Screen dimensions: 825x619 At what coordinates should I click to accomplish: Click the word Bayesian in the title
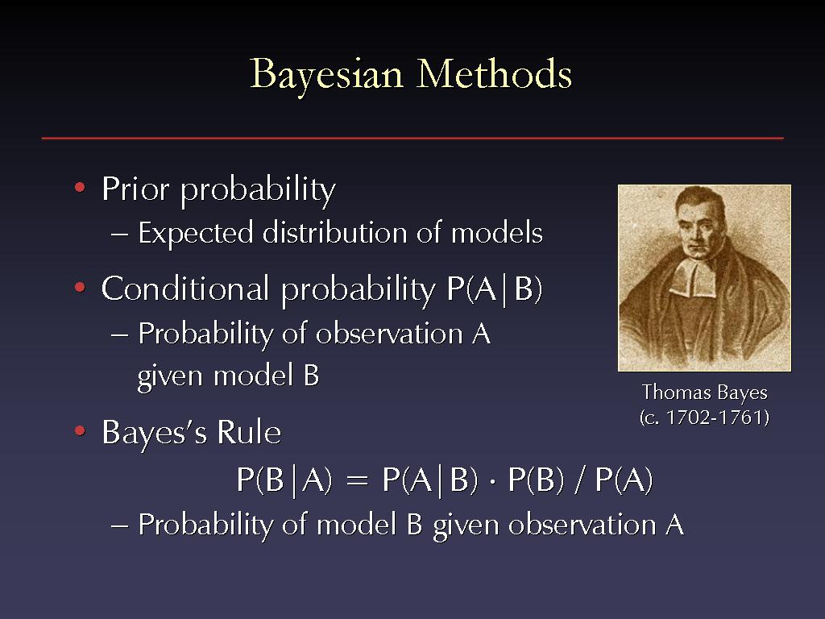(326, 76)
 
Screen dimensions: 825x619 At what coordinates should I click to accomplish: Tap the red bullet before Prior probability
(80, 187)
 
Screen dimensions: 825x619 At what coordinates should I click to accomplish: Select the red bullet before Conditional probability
(80, 288)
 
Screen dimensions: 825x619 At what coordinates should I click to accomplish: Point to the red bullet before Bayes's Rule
(80, 431)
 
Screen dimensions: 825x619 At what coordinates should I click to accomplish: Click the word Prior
(135, 189)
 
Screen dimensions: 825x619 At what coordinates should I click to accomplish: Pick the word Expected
(195, 233)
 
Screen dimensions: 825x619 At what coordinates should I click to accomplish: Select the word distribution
(335, 232)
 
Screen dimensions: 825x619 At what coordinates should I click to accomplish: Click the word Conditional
(185, 289)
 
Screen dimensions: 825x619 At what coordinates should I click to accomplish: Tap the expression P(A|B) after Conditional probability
(494, 289)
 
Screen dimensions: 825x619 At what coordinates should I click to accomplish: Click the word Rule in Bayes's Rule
(249, 432)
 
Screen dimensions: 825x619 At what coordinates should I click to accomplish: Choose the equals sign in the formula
(357, 481)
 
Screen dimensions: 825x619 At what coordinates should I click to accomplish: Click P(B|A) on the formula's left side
(284, 480)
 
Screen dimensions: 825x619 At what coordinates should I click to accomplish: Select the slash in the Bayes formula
(579, 480)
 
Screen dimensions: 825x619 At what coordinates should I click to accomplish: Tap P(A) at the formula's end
(624, 480)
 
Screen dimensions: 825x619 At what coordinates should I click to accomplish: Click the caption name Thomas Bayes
(704, 393)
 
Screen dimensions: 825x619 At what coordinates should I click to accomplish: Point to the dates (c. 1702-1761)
(704, 418)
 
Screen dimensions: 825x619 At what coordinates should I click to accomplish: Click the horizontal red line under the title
(412, 138)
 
